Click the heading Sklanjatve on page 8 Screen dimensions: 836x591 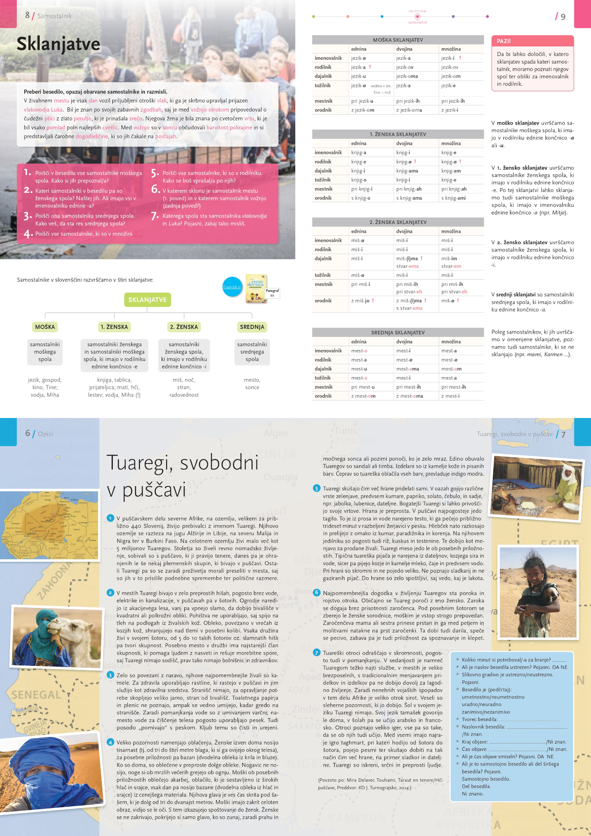coord(58,44)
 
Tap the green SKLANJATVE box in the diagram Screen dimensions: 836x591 coord(147,300)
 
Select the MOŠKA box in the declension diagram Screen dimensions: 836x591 coord(45,327)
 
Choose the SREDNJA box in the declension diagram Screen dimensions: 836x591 coord(252,327)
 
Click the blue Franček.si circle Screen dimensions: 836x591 coord(232,287)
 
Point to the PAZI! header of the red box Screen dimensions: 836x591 coord(504,41)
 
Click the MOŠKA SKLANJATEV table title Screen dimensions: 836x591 coord(398,40)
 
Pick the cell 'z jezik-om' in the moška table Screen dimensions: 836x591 coord(363,110)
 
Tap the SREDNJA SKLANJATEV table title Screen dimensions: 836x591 coord(398,333)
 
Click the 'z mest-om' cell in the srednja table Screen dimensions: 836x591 coord(363,396)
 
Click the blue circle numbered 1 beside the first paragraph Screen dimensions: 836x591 coord(110,518)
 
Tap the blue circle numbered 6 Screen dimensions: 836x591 coord(317,593)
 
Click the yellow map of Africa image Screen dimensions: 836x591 coord(49,525)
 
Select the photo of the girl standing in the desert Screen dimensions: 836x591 coord(538,592)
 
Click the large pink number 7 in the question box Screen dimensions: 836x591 coord(155,216)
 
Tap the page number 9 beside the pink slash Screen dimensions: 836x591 coord(563,17)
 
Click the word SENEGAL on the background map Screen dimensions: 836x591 coord(36,695)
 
